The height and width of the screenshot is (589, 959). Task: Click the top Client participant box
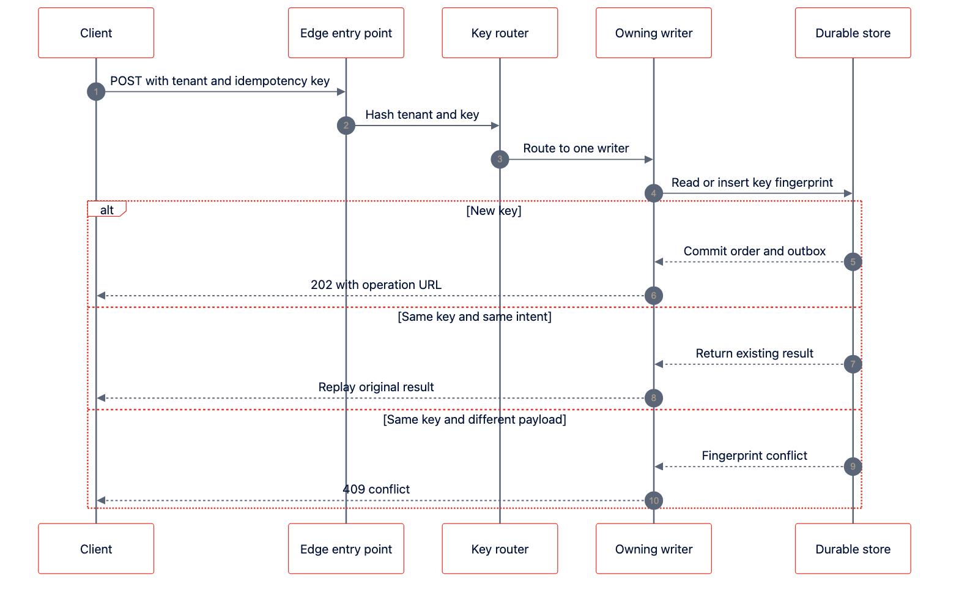coord(96,32)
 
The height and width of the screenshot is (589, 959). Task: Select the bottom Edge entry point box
coord(346,549)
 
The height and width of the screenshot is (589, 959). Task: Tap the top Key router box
coord(500,32)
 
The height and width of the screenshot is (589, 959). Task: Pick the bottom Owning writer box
coord(654,549)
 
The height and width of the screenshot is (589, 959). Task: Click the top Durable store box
coord(853,32)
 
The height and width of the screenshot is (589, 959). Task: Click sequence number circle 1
coord(96,92)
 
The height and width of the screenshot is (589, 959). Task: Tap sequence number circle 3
coord(500,159)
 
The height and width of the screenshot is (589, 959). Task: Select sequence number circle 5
coord(853,262)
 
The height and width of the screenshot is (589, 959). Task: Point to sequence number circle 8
coord(654,398)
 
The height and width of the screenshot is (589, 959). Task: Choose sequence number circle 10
coord(654,501)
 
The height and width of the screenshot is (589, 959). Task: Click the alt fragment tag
coord(106,209)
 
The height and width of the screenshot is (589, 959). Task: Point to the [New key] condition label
coord(494,211)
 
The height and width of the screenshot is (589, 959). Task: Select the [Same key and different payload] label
coord(475,419)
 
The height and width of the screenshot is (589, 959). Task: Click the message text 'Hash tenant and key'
coord(422,114)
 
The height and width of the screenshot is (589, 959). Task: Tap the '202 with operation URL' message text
coord(376,285)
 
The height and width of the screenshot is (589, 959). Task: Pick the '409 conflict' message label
coord(376,489)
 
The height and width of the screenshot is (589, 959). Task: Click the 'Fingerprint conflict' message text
coord(754,456)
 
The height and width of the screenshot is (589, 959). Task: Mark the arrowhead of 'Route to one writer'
coord(649,159)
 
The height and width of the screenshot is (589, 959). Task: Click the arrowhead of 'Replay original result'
coord(101,398)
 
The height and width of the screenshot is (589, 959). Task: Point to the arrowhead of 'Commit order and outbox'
coord(659,262)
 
